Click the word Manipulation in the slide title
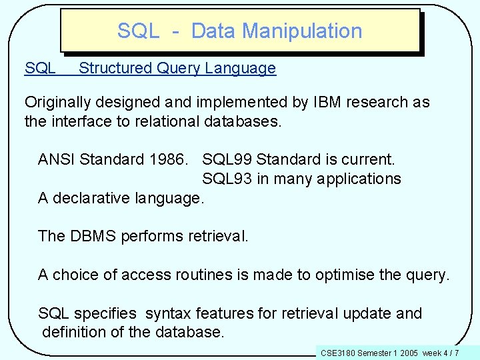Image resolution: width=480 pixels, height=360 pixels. [303, 31]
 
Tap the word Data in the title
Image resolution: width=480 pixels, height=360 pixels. [213, 31]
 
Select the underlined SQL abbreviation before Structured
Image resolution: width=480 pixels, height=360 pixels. [40, 68]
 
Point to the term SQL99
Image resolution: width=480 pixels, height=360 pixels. [227, 159]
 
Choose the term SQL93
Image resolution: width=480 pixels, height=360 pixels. [227, 179]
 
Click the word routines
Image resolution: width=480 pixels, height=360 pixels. [203, 275]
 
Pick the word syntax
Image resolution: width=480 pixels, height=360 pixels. [167, 313]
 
